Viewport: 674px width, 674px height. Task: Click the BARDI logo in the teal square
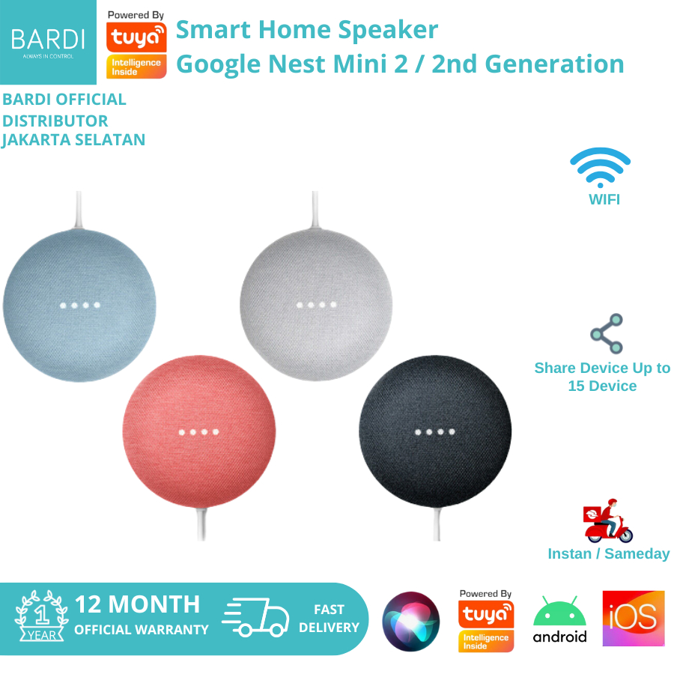48,42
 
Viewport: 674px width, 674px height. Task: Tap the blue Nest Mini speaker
79,306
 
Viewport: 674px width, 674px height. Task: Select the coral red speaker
199,431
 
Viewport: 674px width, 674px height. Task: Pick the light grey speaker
316,304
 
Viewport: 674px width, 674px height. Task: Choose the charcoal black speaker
435,431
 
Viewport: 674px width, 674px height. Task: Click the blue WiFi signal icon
600,167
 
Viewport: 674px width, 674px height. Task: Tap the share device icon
607,333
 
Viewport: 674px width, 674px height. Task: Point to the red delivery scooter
608,521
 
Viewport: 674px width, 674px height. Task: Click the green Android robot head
559,610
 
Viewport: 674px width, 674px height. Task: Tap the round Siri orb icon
411,622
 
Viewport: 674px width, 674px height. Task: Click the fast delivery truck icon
255,617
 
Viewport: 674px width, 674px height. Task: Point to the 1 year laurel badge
41,616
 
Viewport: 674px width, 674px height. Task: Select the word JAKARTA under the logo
36,140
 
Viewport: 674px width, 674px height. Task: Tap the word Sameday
637,553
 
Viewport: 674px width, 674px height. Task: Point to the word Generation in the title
554,64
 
